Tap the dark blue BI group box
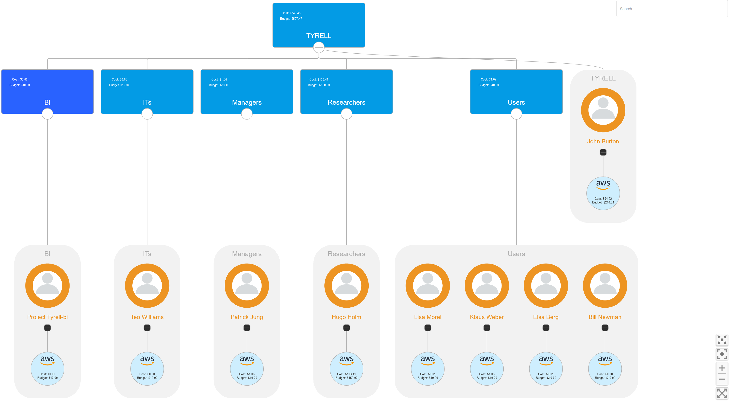tap(47, 92)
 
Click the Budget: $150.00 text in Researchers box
tap(319, 85)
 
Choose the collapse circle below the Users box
tap(516, 114)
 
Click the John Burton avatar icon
tap(603, 110)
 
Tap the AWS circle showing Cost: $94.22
tap(603, 193)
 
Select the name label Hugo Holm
tap(346, 317)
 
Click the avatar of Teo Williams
tap(147, 286)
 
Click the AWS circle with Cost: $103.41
tap(346, 369)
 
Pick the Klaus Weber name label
tap(486, 317)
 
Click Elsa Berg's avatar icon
tap(546, 286)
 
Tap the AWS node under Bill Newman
tap(605, 369)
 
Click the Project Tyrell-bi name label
tap(47, 317)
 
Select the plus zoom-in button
tap(722, 368)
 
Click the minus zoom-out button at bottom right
tap(722, 379)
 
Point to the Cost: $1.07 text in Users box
tap(489, 80)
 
